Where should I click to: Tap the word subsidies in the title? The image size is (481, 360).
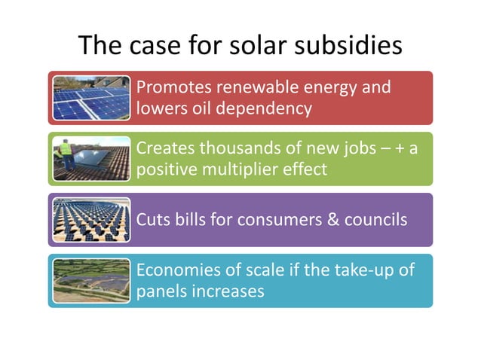click(x=352, y=46)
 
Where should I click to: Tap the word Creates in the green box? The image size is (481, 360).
click(x=163, y=148)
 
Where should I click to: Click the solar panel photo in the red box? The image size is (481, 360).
click(x=91, y=98)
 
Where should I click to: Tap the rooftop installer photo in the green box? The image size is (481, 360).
click(x=91, y=159)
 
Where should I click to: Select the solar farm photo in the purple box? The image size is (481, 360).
click(x=91, y=220)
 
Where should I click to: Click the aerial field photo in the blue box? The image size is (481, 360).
click(x=91, y=280)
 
